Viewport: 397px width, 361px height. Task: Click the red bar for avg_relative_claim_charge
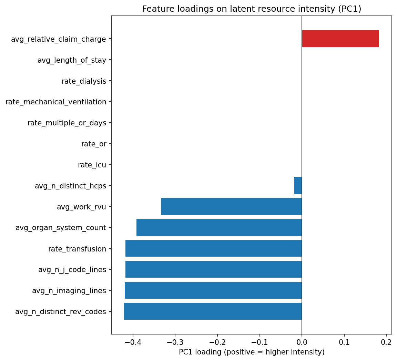point(340,39)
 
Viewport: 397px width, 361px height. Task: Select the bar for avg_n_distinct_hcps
point(298,186)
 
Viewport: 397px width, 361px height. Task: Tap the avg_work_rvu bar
point(231,207)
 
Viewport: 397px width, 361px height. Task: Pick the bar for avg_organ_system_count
point(219,228)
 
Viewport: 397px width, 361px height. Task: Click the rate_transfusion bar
point(213,248)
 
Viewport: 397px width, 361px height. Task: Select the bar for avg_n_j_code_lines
point(213,269)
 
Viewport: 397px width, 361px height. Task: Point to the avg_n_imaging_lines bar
point(213,290)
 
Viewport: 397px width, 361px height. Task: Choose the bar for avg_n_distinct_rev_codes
point(213,311)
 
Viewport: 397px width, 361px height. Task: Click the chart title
point(252,9)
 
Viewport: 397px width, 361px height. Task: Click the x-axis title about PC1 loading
point(252,352)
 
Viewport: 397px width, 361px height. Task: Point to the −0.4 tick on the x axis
point(133,342)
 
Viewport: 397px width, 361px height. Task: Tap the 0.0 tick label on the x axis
point(302,342)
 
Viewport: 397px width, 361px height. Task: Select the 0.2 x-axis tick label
point(386,342)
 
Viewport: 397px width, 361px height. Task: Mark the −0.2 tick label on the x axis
point(217,342)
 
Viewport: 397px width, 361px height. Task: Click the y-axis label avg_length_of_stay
point(72,60)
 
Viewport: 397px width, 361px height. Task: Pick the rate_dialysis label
point(84,81)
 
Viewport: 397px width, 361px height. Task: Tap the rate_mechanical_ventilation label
point(56,102)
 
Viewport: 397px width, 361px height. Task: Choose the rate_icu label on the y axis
point(92,165)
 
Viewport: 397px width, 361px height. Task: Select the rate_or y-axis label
point(94,144)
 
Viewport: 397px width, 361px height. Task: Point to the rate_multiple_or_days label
point(67,123)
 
